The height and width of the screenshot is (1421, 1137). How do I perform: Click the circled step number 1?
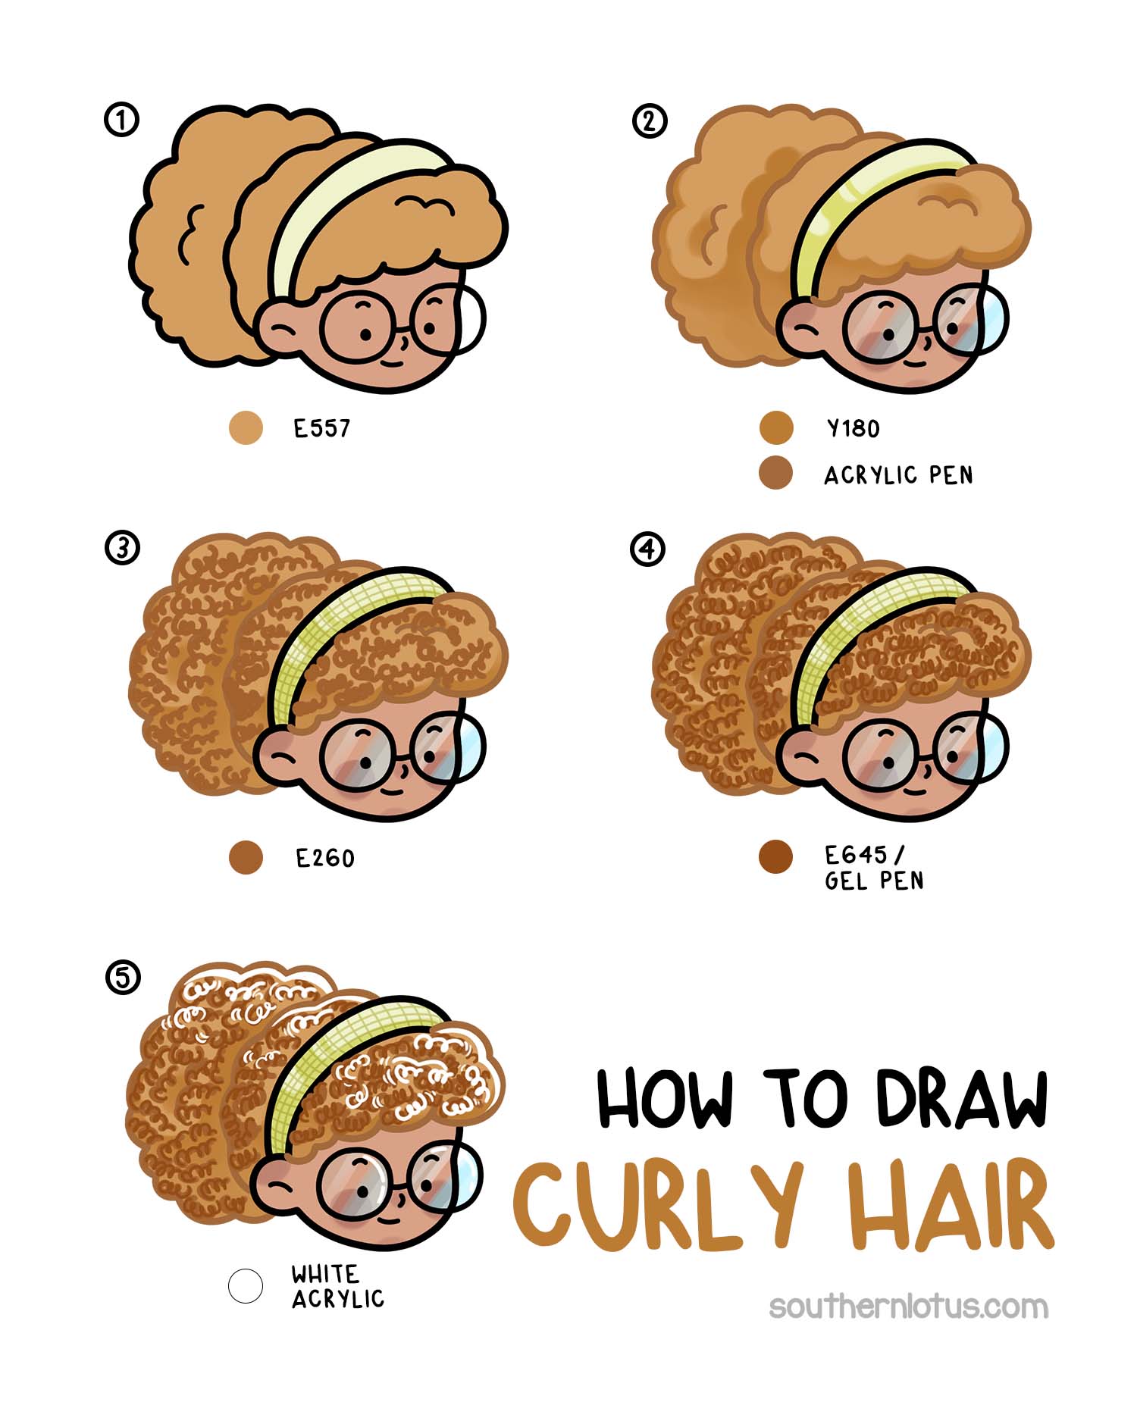point(121,120)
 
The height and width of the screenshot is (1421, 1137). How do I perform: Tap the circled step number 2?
point(649,121)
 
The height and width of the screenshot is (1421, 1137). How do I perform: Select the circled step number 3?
point(122,547)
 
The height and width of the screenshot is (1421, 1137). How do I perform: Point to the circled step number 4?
point(647,548)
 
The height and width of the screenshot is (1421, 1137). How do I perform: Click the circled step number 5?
point(122,977)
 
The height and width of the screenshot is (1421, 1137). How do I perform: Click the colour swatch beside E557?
point(246,427)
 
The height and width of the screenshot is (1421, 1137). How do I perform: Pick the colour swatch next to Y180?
point(775,427)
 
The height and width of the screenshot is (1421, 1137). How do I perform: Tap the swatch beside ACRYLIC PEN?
point(775,473)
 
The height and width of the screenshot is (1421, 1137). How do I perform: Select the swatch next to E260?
point(246,857)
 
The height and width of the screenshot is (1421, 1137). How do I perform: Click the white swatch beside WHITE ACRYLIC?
point(246,1286)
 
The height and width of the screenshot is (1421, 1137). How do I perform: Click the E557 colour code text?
point(322,429)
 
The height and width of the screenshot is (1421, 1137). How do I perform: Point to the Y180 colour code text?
point(853,429)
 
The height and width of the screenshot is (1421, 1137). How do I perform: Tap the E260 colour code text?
point(325,859)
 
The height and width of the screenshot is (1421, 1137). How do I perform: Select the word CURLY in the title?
point(658,1205)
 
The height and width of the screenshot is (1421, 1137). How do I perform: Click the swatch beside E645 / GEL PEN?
point(775,857)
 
